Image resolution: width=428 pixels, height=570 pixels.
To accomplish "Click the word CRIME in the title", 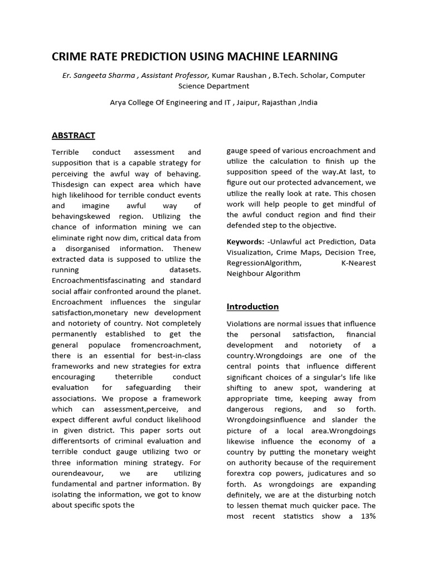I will click(x=69, y=56).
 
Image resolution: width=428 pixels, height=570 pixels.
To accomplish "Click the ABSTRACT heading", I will click(x=73, y=135).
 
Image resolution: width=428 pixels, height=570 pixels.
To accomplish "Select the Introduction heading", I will click(x=252, y=307).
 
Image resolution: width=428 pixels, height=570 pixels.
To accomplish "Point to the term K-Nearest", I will click(x=358, y=263).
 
